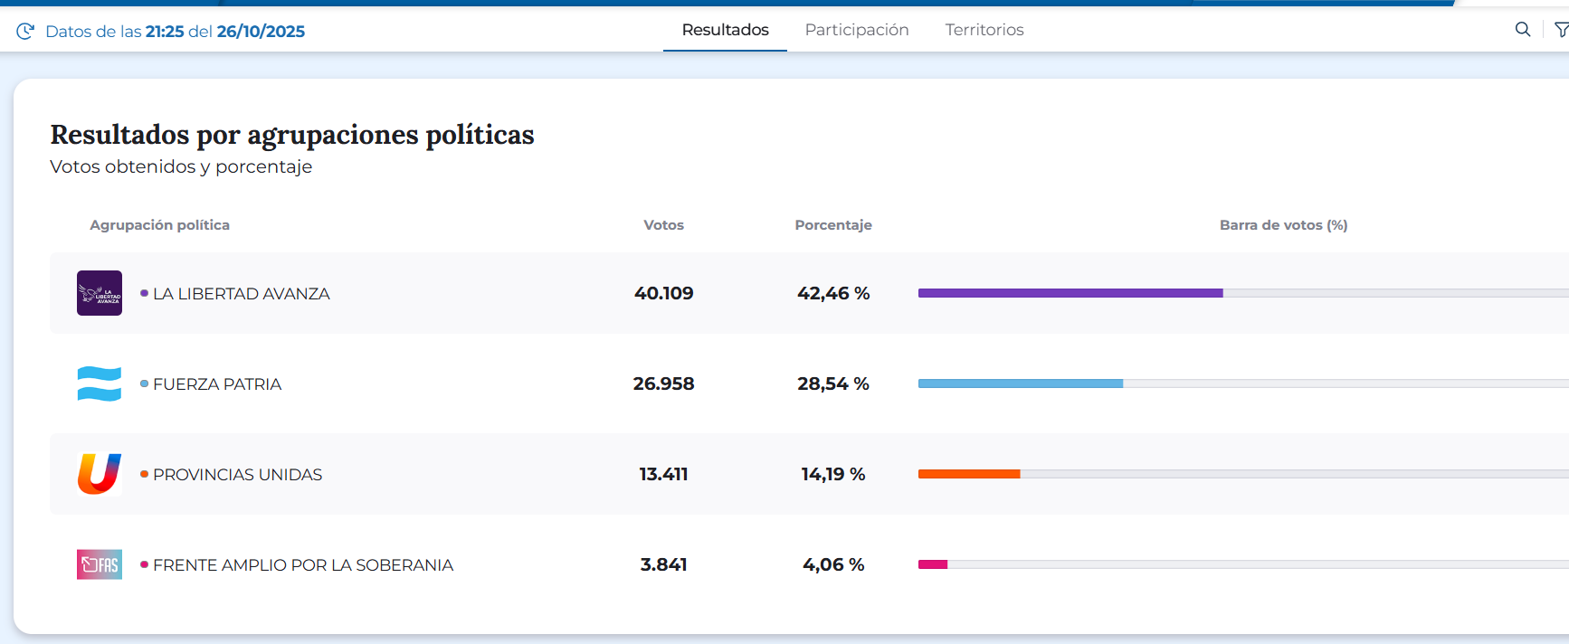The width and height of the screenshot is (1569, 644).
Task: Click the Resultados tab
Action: [x=725, y=30]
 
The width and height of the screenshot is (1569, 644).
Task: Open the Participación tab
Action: [x=857, y=30]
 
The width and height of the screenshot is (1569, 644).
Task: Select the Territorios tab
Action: [x=984, y=30]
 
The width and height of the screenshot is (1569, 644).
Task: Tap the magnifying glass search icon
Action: [x=1523, y=30]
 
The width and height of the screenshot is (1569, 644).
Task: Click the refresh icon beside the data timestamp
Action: [x=25, y=32]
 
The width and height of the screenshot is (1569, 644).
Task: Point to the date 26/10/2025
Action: [x=261, y=32]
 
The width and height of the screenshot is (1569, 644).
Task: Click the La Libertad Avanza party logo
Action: [x=100, y=293]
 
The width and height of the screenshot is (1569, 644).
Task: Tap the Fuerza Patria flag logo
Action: [x=100, y=384]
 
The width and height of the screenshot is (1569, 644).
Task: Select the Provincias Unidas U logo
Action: [x=100, y=474]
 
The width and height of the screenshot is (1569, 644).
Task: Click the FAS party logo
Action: [x=100, y=564]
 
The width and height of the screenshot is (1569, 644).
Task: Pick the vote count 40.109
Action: [x=663, y=293]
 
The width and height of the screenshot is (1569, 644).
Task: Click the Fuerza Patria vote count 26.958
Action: [x=663, y=384]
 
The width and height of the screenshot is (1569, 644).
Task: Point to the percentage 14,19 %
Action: [x=832, y=474]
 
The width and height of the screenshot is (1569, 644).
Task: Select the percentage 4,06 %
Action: [x=832, y=564]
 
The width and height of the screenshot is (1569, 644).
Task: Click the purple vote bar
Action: [x=1070, y=293]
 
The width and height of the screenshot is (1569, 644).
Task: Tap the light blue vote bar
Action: [x=1021, y=384]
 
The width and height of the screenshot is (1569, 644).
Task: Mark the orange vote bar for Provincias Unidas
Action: [x=969, y=474]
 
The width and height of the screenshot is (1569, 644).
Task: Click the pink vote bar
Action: [x=933, y=564]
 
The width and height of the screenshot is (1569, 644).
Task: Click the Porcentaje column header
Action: [x=832, y=225]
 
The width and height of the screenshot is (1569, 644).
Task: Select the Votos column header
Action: [x=663, y=225]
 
